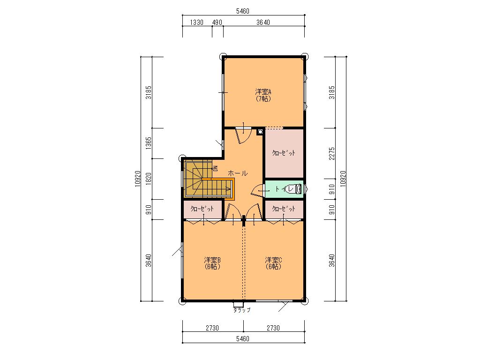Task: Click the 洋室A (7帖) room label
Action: pyautogui.click(x=263, y=95)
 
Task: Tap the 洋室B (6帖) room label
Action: pyautogui.click(x=212, y=263)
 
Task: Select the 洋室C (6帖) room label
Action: pyautogui.click(x=273, y=263)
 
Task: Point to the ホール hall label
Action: pyautogui.click(x=238, y=173)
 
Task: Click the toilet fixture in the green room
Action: pyautogui.click(x=293, y=189)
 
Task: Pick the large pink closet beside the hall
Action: pyautogui.click(x=284, y=153)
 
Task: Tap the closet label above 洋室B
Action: pyautogui.click(x=202, y=209)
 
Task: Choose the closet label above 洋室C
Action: pyautogui.click(x=284, y=209)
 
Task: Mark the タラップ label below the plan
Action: pyautogui.click(x=242, y=310)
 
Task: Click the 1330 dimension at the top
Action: pyautogui.click(x=196, y=22)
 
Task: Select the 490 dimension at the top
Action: pyautogui.click(x=217, y=22)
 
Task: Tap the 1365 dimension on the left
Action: pyautogui.click(x=149, y=143)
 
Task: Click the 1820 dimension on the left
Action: pyautogui.click(x=149, y=179)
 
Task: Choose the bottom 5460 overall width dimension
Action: pyautogui.click(x=243, y=339)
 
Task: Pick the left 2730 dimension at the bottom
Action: pyautogui.click(x=212, y=328)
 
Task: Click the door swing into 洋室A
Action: pyautogui.click(x=244, y=135)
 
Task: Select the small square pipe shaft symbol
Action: pyautogui.click(x=260, y=132)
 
